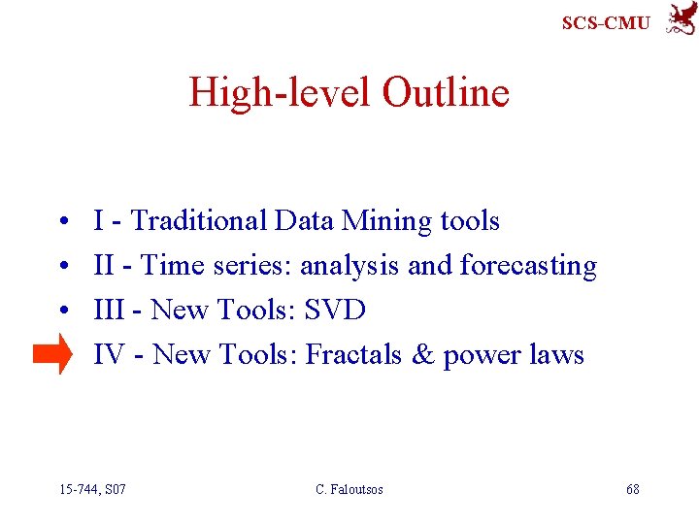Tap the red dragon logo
680,18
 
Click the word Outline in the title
446,93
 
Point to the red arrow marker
52,354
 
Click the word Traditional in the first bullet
198,221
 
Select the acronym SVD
335,311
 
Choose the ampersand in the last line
423,355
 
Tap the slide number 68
632,489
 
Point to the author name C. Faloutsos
349,489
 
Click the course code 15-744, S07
92,489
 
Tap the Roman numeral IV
110,355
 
